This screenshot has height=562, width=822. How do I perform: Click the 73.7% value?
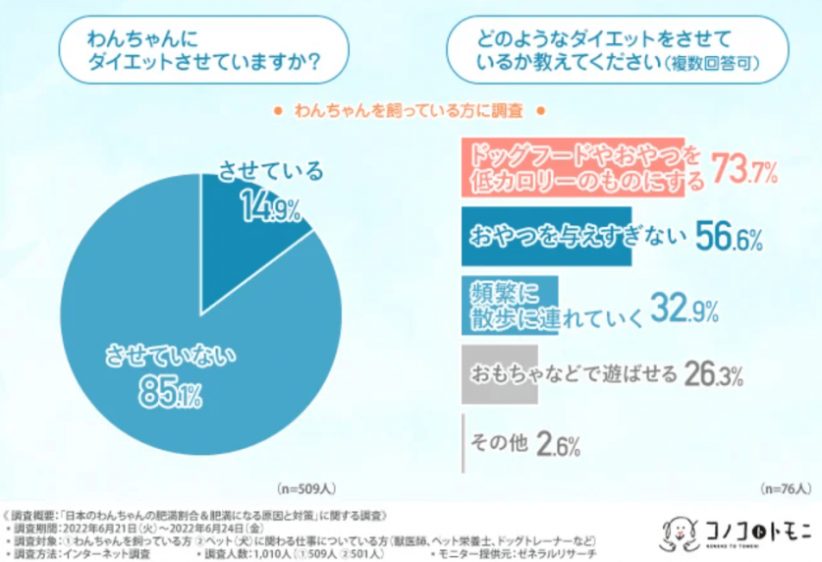744,169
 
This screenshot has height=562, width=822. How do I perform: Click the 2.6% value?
559,445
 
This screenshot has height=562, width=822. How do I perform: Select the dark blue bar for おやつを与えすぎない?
546,237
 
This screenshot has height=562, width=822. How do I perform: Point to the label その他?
499,445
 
